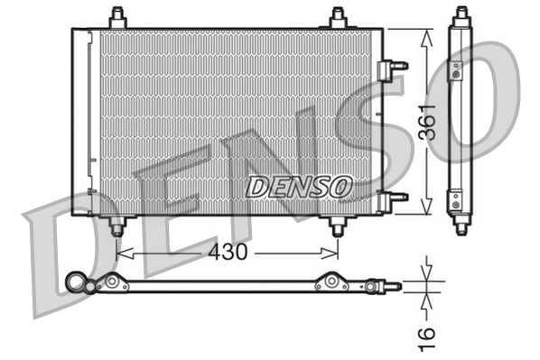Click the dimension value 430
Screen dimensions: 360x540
coord(228,253)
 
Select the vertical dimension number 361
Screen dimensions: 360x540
coord(427,123)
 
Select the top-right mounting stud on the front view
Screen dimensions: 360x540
coord(338,17)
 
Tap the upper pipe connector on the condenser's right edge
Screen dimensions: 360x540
coord(394,66)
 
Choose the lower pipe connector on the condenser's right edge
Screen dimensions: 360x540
coord(394,197)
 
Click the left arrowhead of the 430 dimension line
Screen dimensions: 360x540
coord(121,253)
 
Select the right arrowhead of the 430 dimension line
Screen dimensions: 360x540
coord(333,253)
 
